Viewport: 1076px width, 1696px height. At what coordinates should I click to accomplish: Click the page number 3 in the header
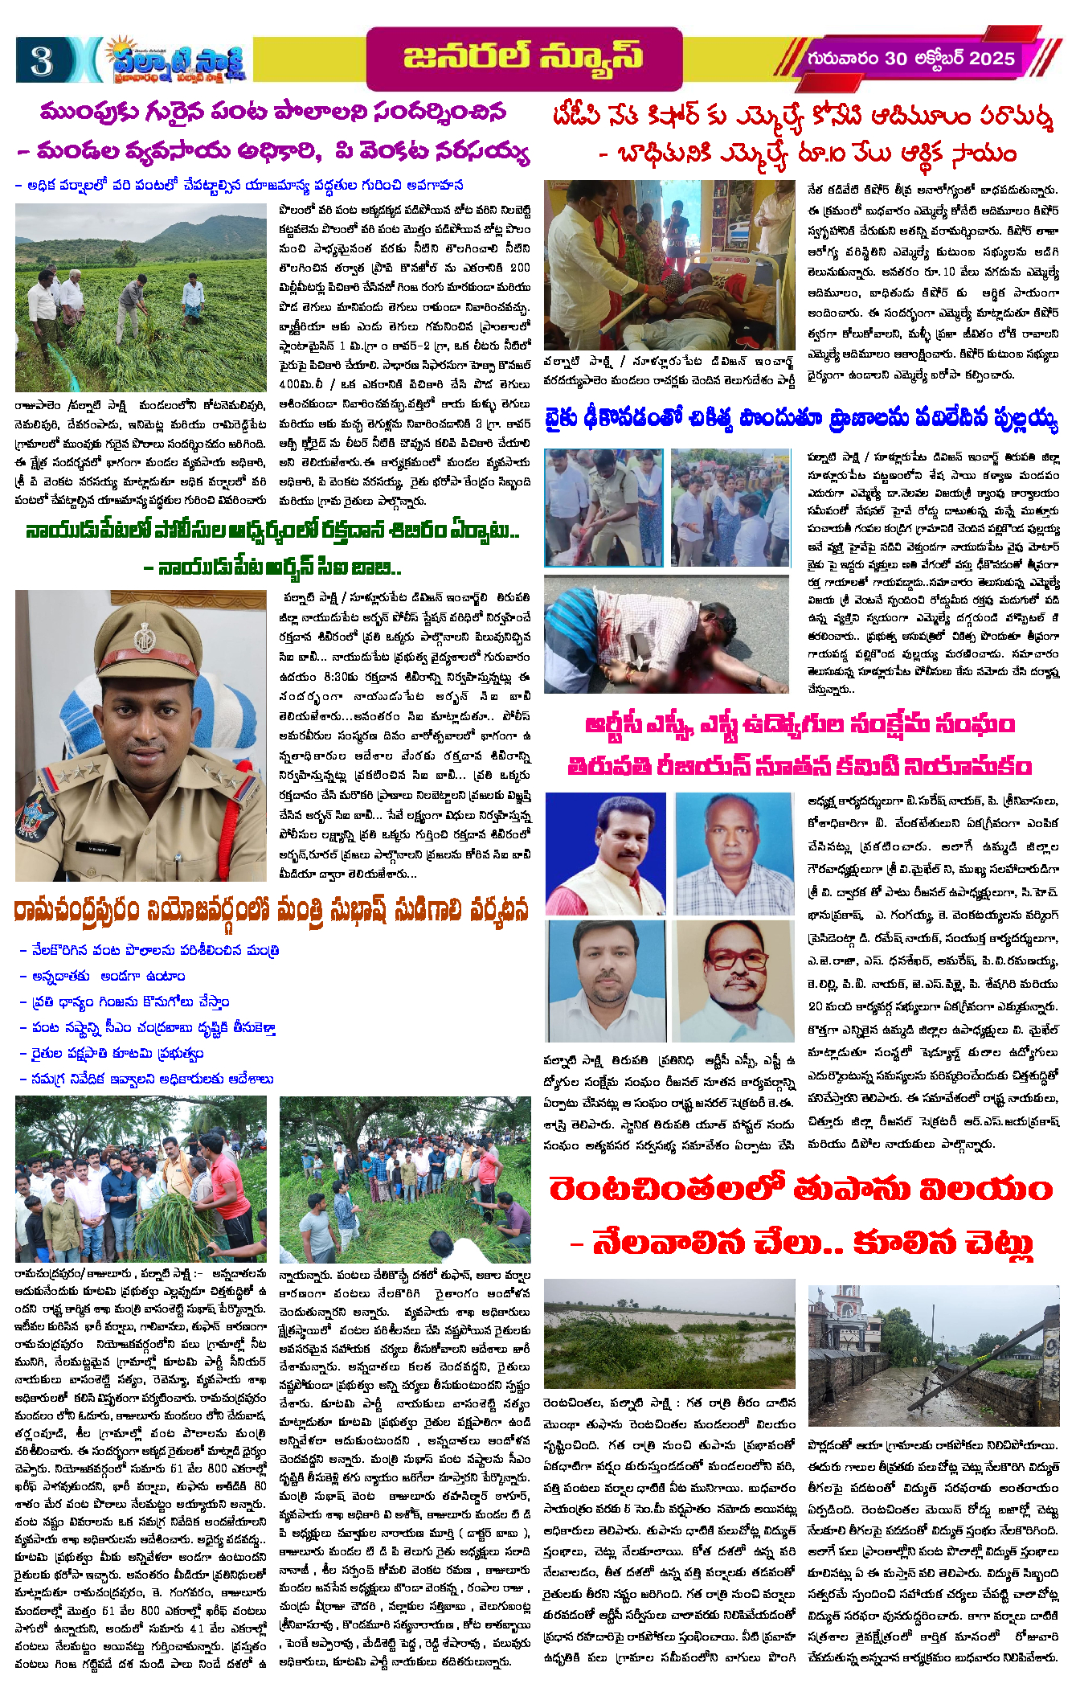(x=42, y=60)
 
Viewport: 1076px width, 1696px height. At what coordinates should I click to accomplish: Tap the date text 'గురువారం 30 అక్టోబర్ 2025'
(x=910, y=59)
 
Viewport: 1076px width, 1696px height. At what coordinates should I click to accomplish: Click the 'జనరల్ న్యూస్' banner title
(x=523, y=58)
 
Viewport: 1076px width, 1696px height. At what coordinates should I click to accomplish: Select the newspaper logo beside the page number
(x=176, y=59)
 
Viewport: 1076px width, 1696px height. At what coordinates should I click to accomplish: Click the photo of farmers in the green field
(x=141, y=297)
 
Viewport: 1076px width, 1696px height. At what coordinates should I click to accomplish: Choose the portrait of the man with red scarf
(x=605, y=854)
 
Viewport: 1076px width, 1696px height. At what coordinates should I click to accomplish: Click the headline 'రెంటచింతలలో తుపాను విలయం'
(x=801, y=1189)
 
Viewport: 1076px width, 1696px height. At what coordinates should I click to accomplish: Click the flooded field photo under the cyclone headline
(x=669, y=1336)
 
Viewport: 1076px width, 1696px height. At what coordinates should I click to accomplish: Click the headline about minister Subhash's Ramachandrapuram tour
(x=272, y=911)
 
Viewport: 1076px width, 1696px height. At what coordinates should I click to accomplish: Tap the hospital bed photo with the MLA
(x=669, y=264)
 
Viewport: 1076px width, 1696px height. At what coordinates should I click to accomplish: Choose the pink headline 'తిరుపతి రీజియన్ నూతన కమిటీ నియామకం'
(x=800, y=766)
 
